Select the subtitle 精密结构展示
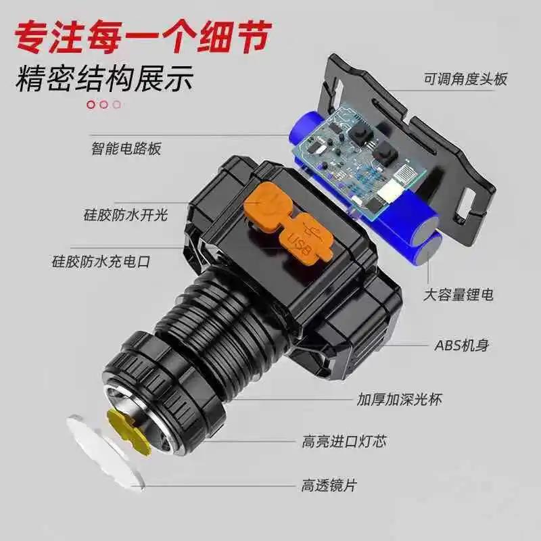(x=105, y=78)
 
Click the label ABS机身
(x=461, y=346)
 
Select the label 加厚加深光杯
(x=400, y=400)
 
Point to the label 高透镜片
(x=329, y=485)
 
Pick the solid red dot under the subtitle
(x=91, y=104)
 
